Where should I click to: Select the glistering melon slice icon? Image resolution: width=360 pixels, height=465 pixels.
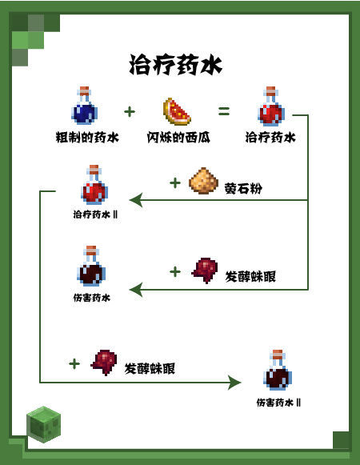[x=177, y=110]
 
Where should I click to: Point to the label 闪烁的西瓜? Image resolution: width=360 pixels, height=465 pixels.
[x=178, y=138]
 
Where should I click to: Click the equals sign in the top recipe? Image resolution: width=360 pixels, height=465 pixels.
[x=224, y=110]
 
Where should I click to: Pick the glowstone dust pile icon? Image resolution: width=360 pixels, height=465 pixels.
[x=202, y=182]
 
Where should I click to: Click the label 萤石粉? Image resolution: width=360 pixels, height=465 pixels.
[x=244, y=189]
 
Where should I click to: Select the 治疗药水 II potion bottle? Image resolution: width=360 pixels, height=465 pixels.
[x=94, y=186]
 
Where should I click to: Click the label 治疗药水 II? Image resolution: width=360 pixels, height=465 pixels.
[x=95, y=214]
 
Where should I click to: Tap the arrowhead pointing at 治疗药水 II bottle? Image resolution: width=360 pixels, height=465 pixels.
[x=136, y=200]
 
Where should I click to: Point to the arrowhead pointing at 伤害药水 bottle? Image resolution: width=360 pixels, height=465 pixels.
[x=136, y=289]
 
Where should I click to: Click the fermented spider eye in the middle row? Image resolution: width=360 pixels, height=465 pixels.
[x=206, y=271]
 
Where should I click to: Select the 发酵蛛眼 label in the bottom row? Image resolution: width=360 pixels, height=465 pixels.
[x=150, y=369]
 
